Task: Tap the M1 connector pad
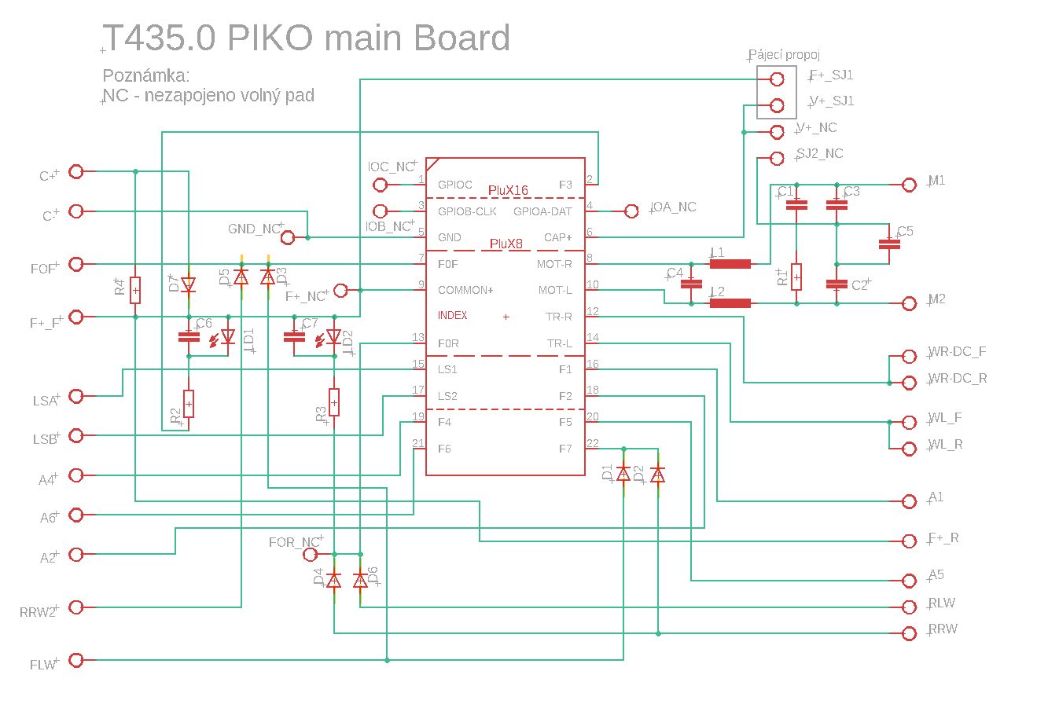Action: [x=910, y=185]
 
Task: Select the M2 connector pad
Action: [x=910, y=303]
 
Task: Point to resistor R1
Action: [x=796, y=277]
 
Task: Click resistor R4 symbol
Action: [x=135, y=290]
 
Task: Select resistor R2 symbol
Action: [x=189, y=403]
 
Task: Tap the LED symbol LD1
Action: [x=228, y=337]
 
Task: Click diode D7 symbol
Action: [x=189, y=284]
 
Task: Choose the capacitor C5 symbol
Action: [x=889, y=244]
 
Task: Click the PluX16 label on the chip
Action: [x=508, y=190]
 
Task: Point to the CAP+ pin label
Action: [x=558, y=237]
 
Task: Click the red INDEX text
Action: [x=453, y=316]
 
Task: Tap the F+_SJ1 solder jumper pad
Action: [x=778, y=79]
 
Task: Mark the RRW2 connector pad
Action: [x=76, y=607]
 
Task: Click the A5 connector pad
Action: [x=910, y=581]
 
